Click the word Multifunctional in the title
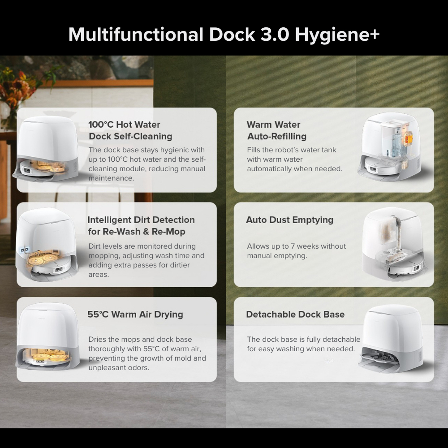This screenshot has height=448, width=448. coord(136,34)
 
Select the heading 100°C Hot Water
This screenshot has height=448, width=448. coord(124,125)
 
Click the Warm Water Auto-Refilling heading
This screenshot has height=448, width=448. coord(276,130)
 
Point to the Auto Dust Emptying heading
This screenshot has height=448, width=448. coord(290,220)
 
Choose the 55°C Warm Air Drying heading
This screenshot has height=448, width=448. coord(135,314)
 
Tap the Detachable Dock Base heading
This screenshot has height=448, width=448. coord(295,314)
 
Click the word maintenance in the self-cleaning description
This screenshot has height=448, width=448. coord(111,178)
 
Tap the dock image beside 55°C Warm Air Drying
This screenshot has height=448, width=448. coord(47,336)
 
